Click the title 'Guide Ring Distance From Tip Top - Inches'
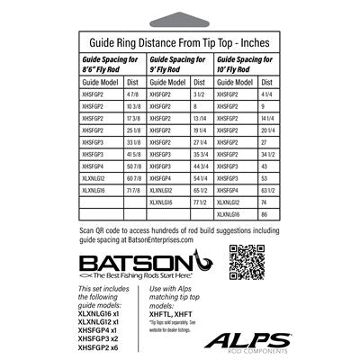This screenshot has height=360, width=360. click(180, 40)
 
